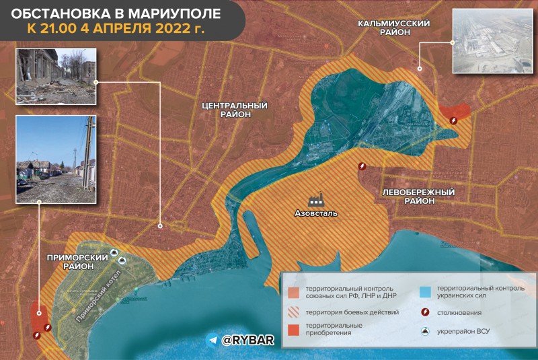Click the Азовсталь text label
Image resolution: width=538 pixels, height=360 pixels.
point(316,215)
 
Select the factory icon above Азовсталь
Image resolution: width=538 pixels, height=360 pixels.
point(316,200)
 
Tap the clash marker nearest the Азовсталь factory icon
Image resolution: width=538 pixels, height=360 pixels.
point(363,166)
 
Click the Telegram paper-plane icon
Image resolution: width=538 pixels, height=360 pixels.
point(213,340)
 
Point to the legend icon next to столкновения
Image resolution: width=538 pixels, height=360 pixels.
point(424,312)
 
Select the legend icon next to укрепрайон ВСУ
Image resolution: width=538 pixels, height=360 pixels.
point(424,331)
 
